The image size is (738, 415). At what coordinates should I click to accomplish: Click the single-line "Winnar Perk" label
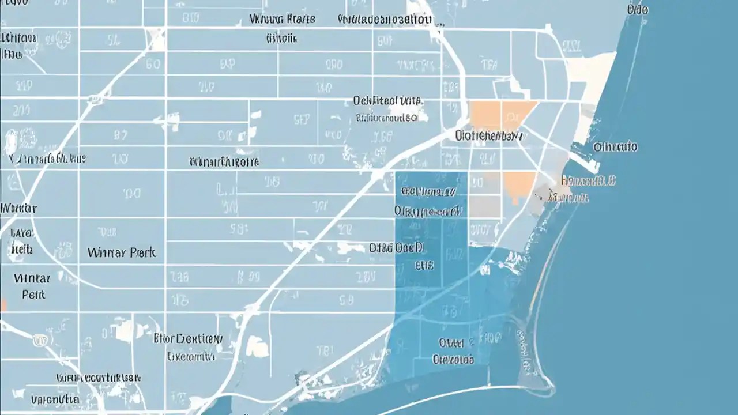122,252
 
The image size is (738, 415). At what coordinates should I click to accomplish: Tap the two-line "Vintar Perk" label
33,286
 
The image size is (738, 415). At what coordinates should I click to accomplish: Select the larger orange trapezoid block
502,114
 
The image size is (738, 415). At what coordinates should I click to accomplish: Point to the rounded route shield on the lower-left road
39,341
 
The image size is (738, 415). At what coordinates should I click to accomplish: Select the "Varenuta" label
55,399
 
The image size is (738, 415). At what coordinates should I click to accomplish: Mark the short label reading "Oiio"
637,10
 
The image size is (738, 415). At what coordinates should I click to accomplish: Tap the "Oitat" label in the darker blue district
451,343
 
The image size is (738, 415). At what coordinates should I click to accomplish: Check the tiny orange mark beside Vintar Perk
3,304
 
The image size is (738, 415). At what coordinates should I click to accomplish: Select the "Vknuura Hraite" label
283,19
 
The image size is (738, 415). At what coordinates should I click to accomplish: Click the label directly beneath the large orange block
490,137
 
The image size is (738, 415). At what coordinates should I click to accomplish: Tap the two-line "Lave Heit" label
22,242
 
